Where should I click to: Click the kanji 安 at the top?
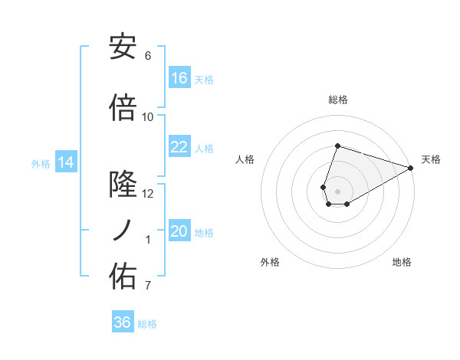(123, 47)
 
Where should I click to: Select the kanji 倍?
(123, 108)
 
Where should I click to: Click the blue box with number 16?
(179, 77)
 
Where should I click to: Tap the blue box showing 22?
(179, 147)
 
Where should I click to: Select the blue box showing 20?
(179, 231)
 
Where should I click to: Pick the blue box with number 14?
(66, 162)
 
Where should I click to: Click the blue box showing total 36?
(123, 322)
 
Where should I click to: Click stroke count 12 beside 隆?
(148, 194)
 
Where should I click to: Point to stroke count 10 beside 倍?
(148, 117)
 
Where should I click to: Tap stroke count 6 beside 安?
(148, 56)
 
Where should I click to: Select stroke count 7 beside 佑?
(148, 286)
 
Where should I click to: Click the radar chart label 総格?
(337, 100)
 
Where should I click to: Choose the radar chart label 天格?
(431, 159)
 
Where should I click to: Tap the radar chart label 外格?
(270, 262)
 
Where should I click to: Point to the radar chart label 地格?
(402, 262)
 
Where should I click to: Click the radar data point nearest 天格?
(411, 168)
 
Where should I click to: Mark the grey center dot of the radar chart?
(337, 191)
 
